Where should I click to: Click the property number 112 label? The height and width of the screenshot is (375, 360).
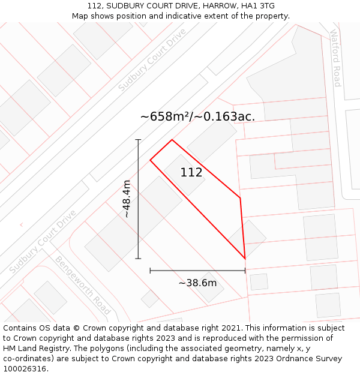[x=191, y=173]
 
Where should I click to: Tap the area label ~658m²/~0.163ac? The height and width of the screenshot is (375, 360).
[x=197, y=116]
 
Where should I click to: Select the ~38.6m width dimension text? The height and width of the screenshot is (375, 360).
[x=197, y=283]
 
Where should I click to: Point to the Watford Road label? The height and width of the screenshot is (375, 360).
[x=335, y=58]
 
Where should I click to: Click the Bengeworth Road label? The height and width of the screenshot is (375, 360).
[x=83, y=285]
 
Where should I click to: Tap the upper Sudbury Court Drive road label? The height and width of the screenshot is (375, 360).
[x=152, y=60]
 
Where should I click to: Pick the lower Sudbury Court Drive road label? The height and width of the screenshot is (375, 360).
[x=43, y=241]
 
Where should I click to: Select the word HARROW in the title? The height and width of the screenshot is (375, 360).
[x=219, y=6]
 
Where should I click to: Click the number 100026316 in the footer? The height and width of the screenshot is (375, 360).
[x=25, y=369]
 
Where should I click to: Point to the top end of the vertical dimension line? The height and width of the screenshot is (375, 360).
[x=138, y=140]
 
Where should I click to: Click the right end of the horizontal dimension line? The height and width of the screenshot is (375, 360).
[x=245, y=271]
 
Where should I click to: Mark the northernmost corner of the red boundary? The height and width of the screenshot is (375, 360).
[x=172, y=140]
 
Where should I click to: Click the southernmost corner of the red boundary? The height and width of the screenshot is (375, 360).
[x=245, y=259]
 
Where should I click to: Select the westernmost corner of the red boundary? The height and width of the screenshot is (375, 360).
[x=150, y=160]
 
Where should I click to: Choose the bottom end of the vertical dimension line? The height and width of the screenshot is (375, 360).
[x=138, y=259]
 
